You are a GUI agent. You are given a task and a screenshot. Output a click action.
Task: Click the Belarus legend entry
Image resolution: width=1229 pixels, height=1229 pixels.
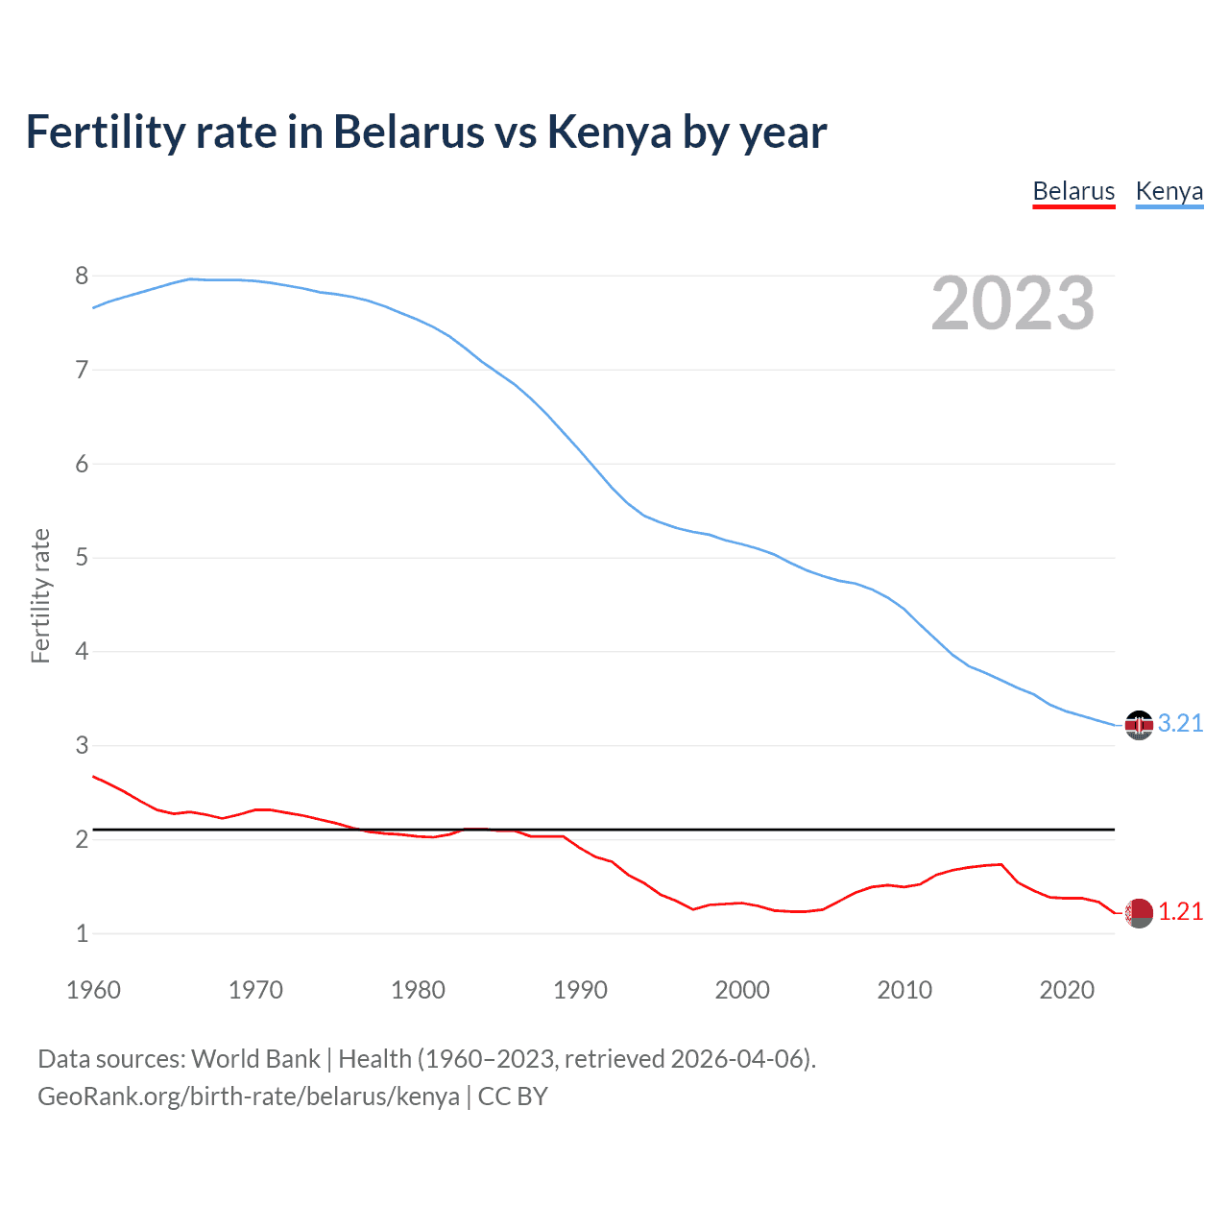point(1073,191)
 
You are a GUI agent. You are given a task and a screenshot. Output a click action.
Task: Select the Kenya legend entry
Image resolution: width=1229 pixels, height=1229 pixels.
point(1169,191)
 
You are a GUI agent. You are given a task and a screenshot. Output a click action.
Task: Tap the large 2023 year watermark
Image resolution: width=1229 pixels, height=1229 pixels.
point(1012,303)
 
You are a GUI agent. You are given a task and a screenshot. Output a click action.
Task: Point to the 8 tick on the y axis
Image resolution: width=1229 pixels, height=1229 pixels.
point(82,277)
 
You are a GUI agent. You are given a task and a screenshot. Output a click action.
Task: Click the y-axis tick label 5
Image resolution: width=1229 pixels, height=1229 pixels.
point(82,558)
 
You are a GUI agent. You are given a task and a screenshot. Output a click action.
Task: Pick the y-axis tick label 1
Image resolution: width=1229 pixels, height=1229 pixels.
point(82,933)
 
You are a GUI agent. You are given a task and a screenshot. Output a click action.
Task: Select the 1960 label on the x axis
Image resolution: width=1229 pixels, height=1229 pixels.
point(93,990)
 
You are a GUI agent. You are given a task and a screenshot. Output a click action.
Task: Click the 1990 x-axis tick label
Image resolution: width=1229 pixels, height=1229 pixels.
point(580,990)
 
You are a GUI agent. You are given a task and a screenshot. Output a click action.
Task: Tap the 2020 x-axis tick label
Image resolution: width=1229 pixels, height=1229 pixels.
point(1067,990)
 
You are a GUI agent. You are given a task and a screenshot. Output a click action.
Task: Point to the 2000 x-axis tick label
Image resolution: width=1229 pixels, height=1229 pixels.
point(742,990)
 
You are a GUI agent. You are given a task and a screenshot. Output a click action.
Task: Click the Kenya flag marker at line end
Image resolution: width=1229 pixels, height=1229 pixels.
point(1139,725)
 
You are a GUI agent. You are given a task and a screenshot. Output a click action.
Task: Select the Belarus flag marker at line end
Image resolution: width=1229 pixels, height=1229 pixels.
point(1139,913)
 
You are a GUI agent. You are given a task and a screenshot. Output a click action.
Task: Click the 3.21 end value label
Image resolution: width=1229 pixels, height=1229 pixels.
point(1180,724)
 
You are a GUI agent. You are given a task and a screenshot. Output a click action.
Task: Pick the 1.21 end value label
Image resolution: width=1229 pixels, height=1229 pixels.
point(1180,912)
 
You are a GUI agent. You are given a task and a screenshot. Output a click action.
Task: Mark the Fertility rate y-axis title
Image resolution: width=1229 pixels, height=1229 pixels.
point(40,595)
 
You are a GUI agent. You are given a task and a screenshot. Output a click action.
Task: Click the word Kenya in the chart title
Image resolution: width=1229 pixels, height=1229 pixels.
point(609,132)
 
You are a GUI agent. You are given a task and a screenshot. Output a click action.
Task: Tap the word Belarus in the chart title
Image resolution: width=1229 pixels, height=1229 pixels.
point(409,132)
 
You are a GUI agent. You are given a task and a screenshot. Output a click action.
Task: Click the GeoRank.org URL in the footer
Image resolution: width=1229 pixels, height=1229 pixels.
point(248,1096)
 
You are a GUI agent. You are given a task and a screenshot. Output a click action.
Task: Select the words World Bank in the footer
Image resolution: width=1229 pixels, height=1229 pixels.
point(255,1059)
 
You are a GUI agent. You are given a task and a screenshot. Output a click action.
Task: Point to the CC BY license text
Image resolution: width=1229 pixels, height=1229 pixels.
point(513,1096)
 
